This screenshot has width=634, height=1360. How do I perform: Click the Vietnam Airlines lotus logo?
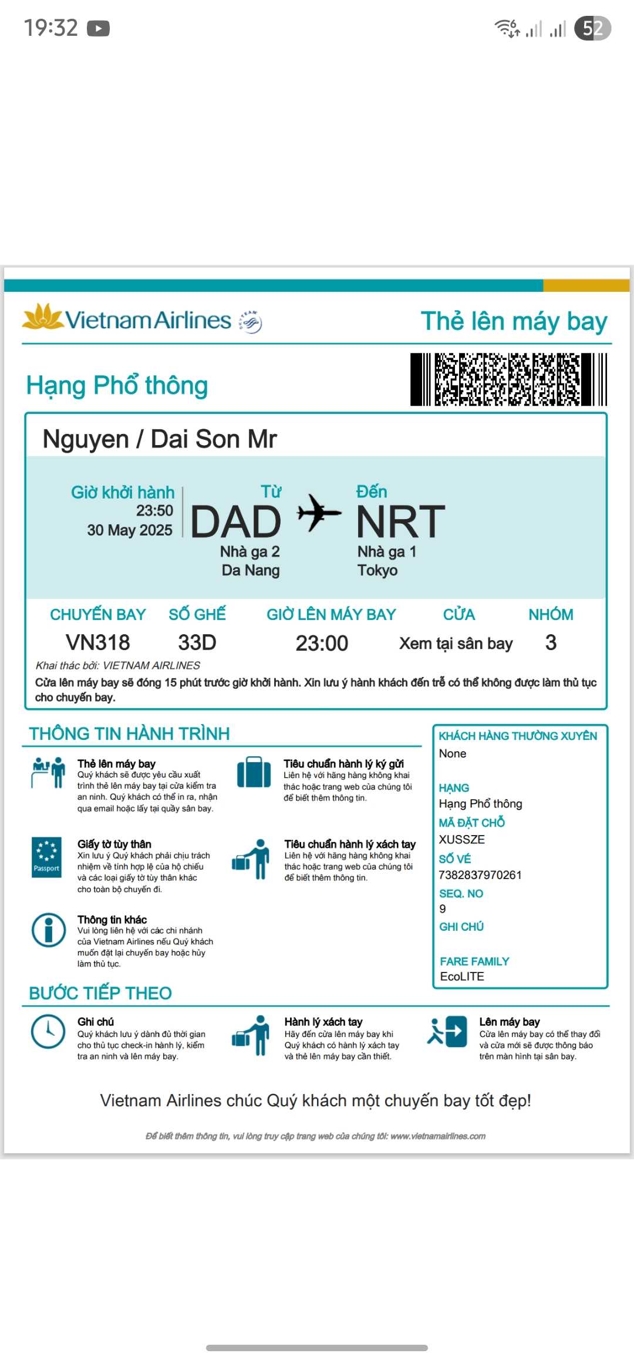pos(42,317)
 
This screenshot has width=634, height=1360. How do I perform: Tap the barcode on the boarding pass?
pos(508,379)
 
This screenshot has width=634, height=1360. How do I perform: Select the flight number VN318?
pos(97,642)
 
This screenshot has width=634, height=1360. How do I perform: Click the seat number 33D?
pos(197,642)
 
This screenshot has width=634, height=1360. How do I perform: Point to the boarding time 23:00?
pos(322,644)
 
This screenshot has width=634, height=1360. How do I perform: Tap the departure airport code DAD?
pos(236,521)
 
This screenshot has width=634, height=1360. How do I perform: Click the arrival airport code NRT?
pos(401,521)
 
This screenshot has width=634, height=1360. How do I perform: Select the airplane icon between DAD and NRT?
pos(319,513)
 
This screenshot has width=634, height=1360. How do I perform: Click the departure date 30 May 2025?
pos(130,530)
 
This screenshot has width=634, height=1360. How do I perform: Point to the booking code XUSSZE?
pos(462,840)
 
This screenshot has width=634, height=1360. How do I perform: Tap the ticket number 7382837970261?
pos(480,875)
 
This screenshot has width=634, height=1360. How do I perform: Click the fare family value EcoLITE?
pos(462,977)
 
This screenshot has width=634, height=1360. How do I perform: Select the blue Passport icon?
pos(46,857)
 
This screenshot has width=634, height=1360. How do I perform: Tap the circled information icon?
pos(48,930)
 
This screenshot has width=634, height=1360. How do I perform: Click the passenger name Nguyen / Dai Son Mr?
pos(160,439)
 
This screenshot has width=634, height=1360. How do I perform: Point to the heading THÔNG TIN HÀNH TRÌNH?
pos(129,734)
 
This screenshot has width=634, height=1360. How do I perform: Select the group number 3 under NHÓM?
pos(551,642)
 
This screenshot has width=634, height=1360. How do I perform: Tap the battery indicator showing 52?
pos(592,28)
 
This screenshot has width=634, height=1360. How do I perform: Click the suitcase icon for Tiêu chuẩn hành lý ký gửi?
pos(254,772)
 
